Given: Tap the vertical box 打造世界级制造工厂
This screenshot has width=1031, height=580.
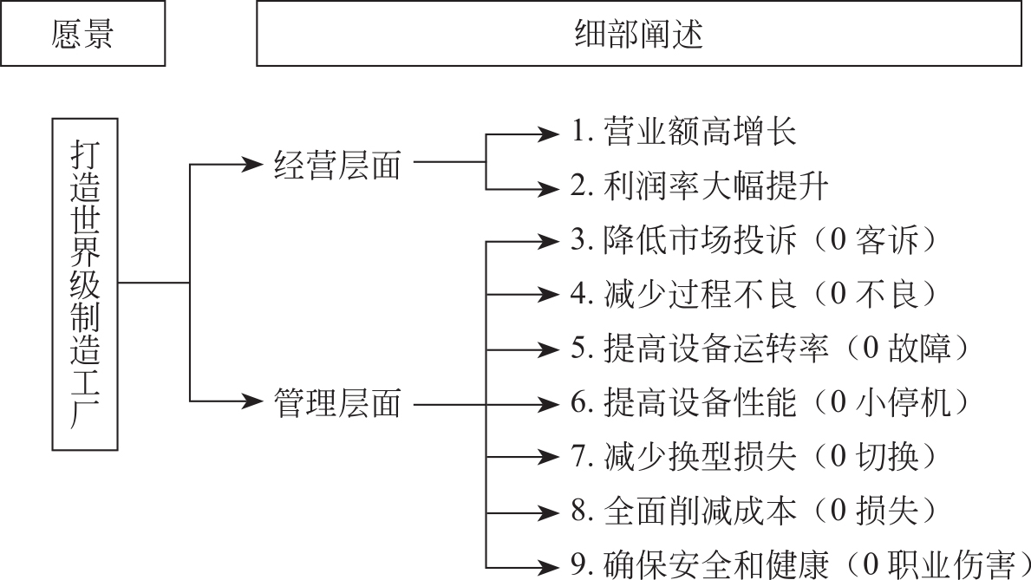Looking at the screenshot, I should (x=84, y=283).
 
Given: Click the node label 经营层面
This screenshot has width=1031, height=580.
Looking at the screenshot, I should (x=337, y=163).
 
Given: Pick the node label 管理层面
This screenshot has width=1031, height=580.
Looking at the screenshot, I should (x=337, y=401).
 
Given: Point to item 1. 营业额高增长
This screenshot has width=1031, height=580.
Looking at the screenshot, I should (x=683, y=133).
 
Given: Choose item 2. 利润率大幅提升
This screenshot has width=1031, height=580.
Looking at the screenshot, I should (x=701, y=186).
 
